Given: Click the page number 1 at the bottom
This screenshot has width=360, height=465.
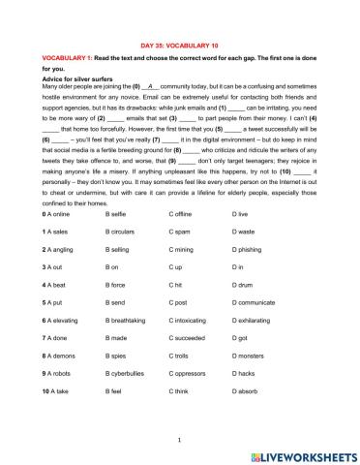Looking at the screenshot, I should (180, 439).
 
